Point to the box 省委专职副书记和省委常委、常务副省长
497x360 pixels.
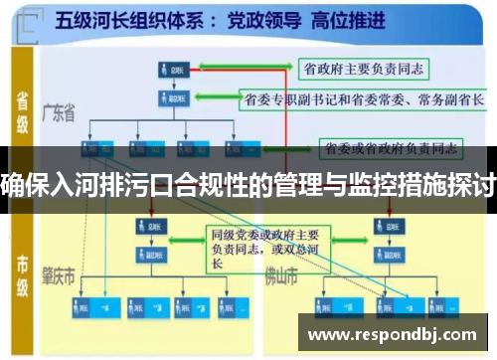point(364,98)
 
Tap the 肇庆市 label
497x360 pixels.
point(72,271)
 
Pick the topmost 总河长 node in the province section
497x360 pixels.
point(172,70)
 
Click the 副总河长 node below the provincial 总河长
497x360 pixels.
point(172,99)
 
